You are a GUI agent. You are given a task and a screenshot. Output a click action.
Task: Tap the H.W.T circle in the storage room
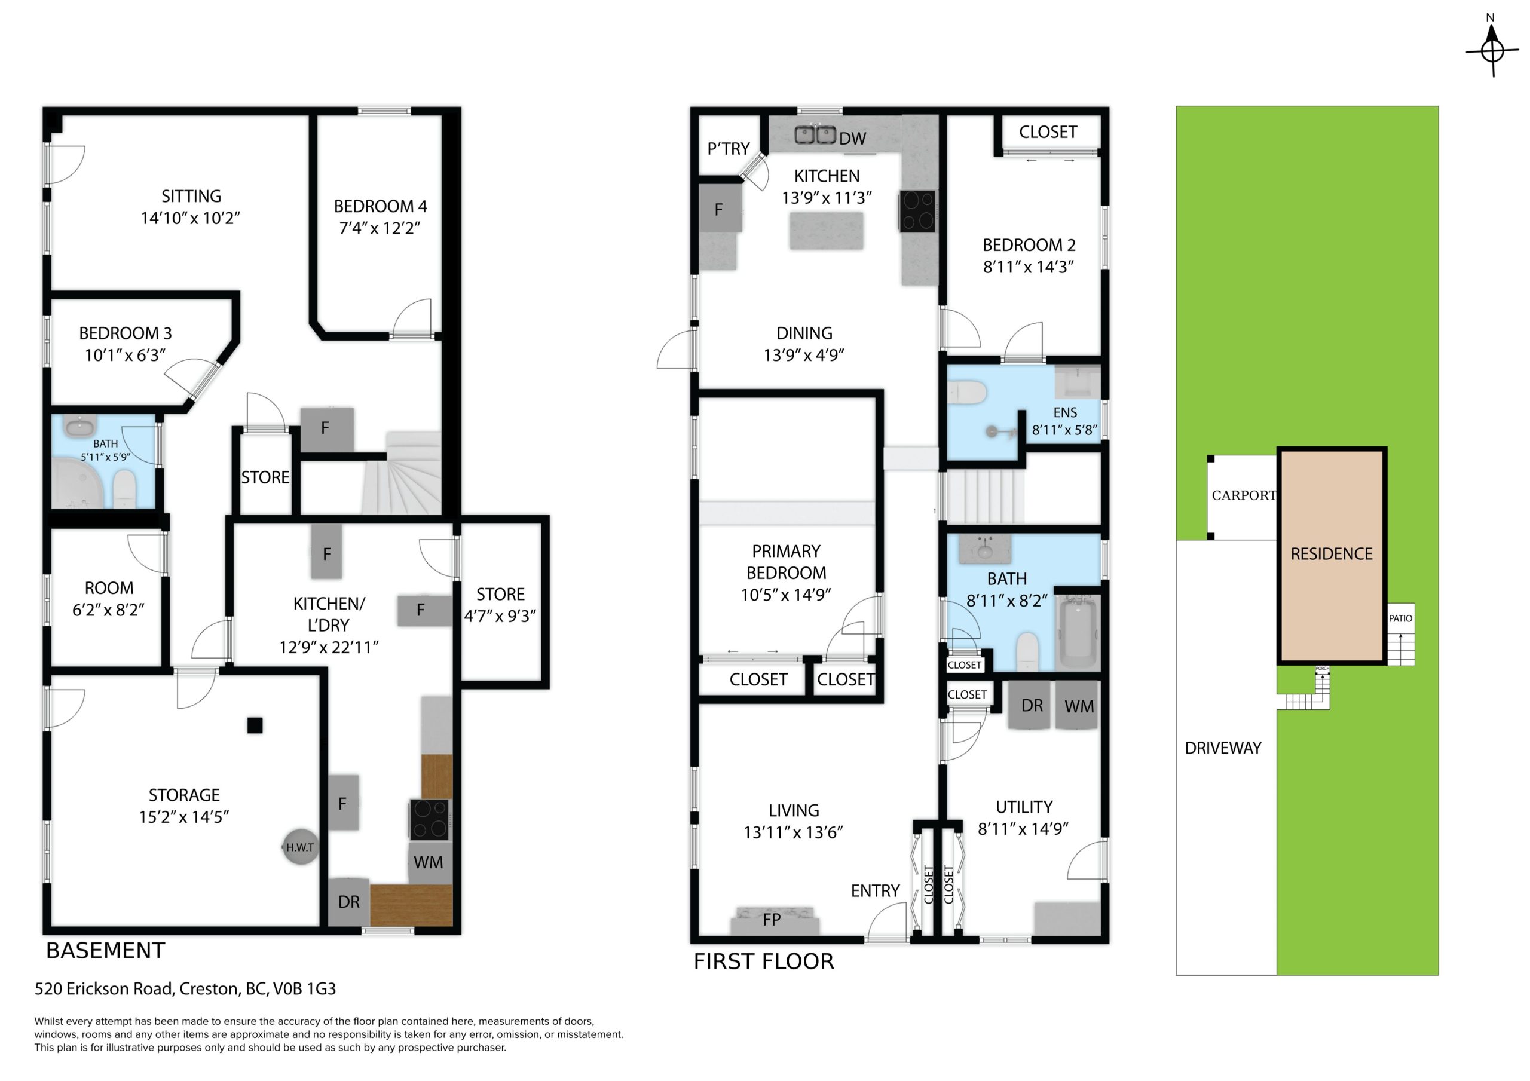point(300,847)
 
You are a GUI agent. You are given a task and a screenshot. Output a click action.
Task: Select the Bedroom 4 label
point(381,207)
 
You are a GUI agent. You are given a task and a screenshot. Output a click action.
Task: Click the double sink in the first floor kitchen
point(815,134)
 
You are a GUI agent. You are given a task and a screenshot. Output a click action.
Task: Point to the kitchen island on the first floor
point(827,231)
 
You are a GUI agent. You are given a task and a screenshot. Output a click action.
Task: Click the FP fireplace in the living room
point(775,921)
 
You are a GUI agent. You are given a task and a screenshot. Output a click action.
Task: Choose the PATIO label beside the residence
point(1400,618)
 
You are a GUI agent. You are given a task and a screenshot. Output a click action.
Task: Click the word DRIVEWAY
point(1223,748)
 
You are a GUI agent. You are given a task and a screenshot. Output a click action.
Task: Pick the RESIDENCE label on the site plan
point(1332,554)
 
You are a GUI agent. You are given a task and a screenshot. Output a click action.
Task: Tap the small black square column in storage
point(255,725)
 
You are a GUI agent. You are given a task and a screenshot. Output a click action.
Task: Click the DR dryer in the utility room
point(1031,705)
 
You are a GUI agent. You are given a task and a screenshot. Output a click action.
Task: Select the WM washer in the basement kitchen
point(428,862)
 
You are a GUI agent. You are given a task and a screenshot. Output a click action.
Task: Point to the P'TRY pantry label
point(729,149)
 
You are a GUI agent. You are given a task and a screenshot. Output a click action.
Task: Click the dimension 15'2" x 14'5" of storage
point(184,817)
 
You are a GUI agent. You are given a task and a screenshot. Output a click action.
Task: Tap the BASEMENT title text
point(105,950)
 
